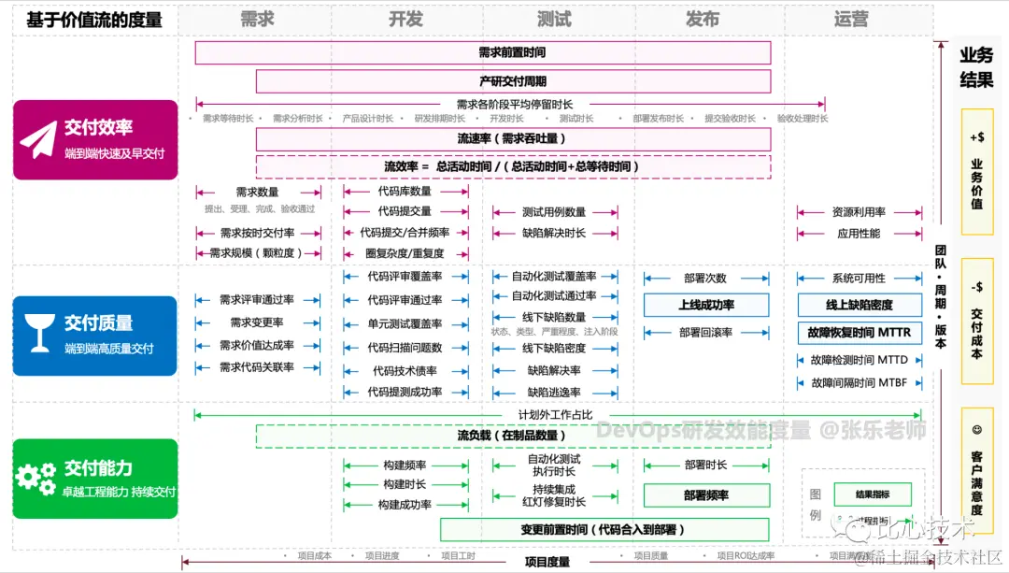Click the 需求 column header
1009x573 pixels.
click(x=257, y=19)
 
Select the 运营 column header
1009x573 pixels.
click(x=850, y=19)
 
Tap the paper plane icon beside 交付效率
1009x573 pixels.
click(x=38, y=139)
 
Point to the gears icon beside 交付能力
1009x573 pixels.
click(x=36, y=478)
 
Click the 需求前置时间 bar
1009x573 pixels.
click(x=483, y=53)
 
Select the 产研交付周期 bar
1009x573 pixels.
click(x=513, y=81)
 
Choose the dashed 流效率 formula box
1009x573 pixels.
click(x=513, y=166)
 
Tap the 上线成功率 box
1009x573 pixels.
click(x=705, y=305)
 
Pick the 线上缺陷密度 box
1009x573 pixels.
click(x=859, y=305)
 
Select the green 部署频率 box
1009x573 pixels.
click(x=705, y=495)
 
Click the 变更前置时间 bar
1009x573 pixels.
click(x=604, y=530)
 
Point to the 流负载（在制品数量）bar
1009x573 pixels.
click(x=509, y=436)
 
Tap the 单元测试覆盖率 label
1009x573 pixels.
click(x=405, y=324)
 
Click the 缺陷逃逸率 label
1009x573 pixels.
click(x=554, y=393)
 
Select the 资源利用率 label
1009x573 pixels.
click(x=859, y=212)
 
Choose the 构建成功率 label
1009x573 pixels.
click(x=405, y=505)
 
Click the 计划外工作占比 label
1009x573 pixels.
click(x=556, y=414)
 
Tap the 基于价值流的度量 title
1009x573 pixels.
click(x=93, y=20)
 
